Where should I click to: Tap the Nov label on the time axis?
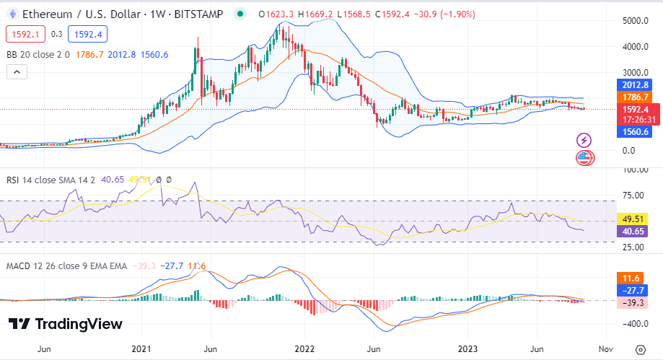(x=606, y=349)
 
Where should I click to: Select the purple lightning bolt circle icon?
(x=584, y=140)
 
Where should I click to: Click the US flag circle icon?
(x=584, y=157)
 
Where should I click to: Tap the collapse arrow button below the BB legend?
(x=17, y=71)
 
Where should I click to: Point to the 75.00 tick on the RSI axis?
(x=633, y=195)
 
